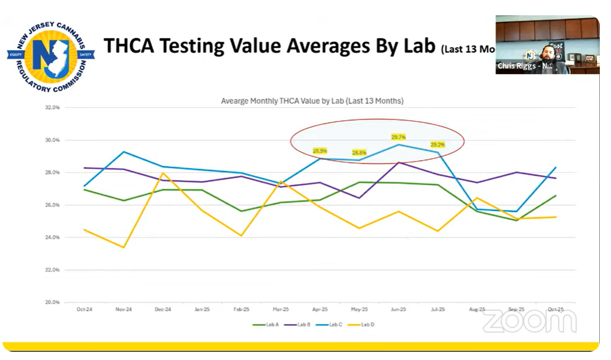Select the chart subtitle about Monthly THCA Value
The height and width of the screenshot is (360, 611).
click(312, 101)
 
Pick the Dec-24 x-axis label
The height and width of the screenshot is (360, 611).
click(163, 309)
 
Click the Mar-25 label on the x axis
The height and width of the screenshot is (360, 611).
click(281, 309)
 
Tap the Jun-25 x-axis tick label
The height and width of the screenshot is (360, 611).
click(399, 309)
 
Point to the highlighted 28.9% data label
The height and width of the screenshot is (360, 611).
click(320, 151)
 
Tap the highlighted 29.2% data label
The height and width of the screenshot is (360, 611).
click(438, 145)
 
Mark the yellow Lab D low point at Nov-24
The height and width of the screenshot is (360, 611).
click(123, 247)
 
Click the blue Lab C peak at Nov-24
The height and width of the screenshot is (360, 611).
click(123, 152)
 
